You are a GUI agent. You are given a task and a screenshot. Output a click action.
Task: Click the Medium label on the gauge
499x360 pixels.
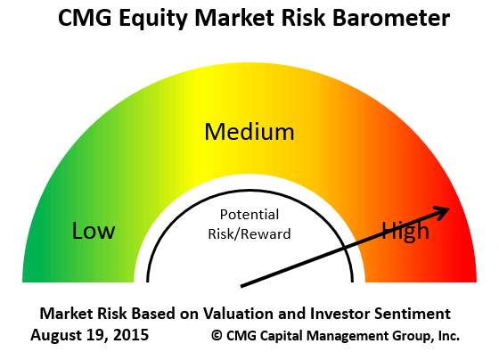pos(249,133)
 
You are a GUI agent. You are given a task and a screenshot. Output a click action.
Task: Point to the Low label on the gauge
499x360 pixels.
pos(94,232)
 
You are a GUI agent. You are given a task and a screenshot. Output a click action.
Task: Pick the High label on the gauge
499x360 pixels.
pos(405,232)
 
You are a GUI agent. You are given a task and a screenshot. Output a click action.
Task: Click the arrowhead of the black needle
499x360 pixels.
pos(442,211)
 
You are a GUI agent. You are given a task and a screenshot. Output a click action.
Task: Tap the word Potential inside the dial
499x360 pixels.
pos(250,215)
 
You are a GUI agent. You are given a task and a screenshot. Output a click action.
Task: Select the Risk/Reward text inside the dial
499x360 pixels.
pos(250,233)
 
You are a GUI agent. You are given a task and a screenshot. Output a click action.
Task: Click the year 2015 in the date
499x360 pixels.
pos(130,336)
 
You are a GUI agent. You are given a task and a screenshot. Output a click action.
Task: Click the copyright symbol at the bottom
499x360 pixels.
pos(216,336)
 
